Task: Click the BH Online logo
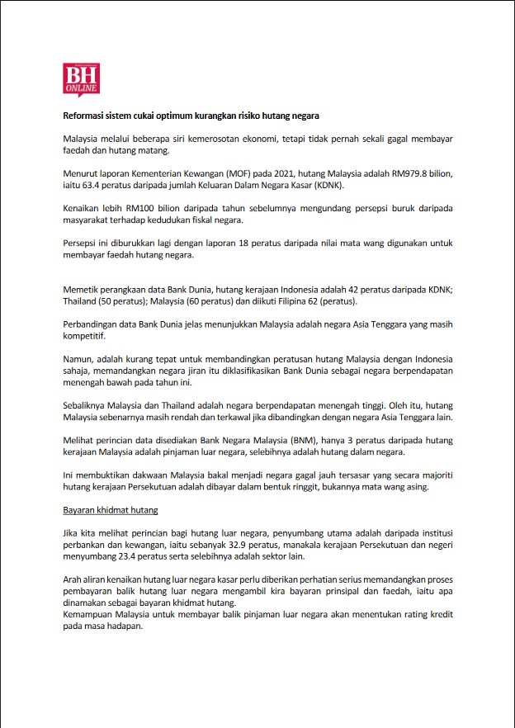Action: tap(81, 79)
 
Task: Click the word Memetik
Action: tap(83, 289)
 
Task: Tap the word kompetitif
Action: tap(86, 336)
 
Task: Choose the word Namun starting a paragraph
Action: tap(79, 359)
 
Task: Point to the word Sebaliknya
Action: tap(87, 405)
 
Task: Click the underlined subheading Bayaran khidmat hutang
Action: tap(111, 510)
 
